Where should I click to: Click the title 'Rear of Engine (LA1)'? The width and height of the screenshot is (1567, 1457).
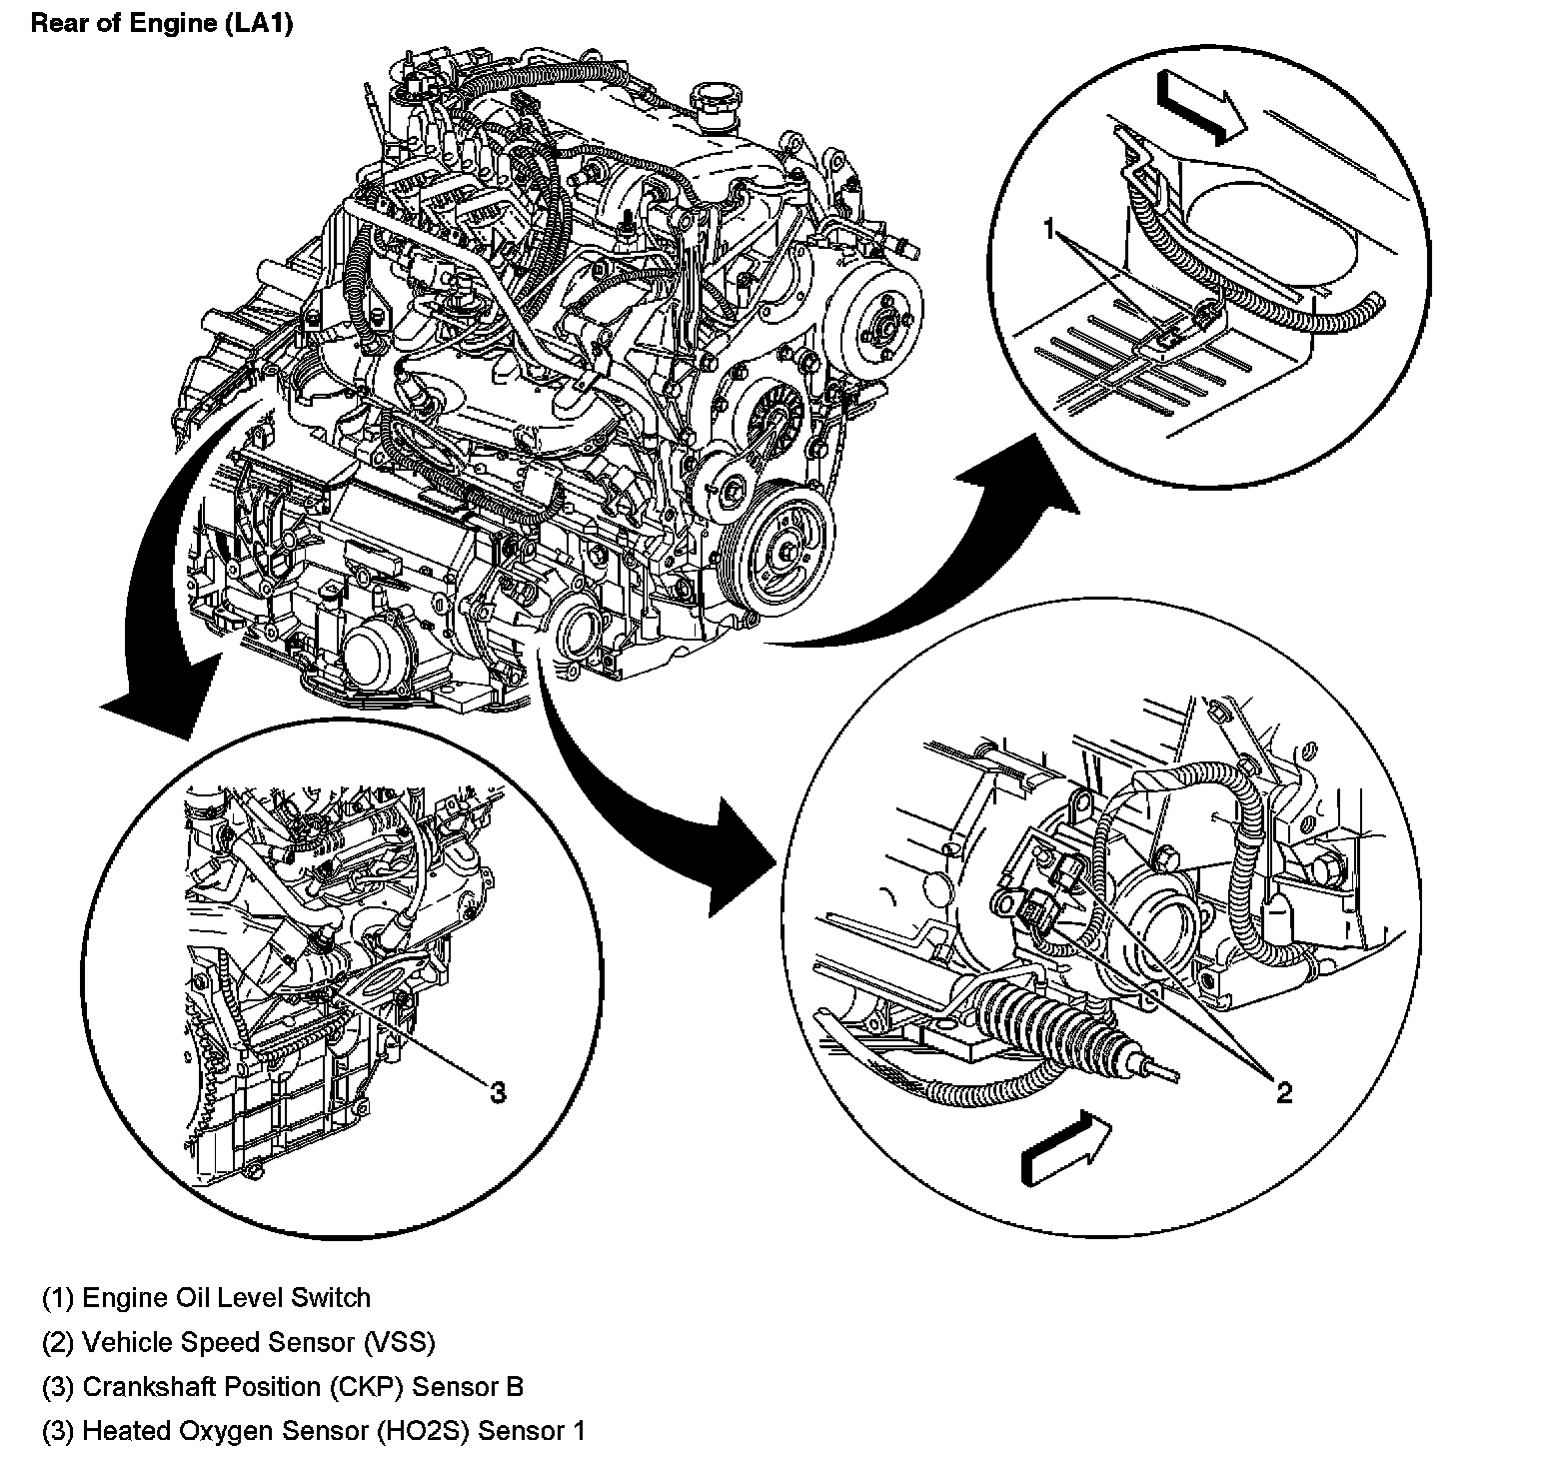point(162,24)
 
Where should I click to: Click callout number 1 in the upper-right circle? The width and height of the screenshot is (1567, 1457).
point(1048,231)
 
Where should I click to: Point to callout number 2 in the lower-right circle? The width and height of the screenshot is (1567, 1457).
point(1284,1093)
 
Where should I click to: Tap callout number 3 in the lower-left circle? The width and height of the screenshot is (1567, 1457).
point(497,1092)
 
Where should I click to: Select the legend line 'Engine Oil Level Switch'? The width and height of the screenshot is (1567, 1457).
point(206,1298)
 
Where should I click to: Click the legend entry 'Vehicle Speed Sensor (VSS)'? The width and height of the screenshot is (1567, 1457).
point(239,1342)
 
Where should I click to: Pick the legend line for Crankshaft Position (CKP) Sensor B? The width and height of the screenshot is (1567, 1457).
point(283,1387)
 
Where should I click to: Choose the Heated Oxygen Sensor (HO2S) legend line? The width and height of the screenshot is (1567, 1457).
point(314,1431)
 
